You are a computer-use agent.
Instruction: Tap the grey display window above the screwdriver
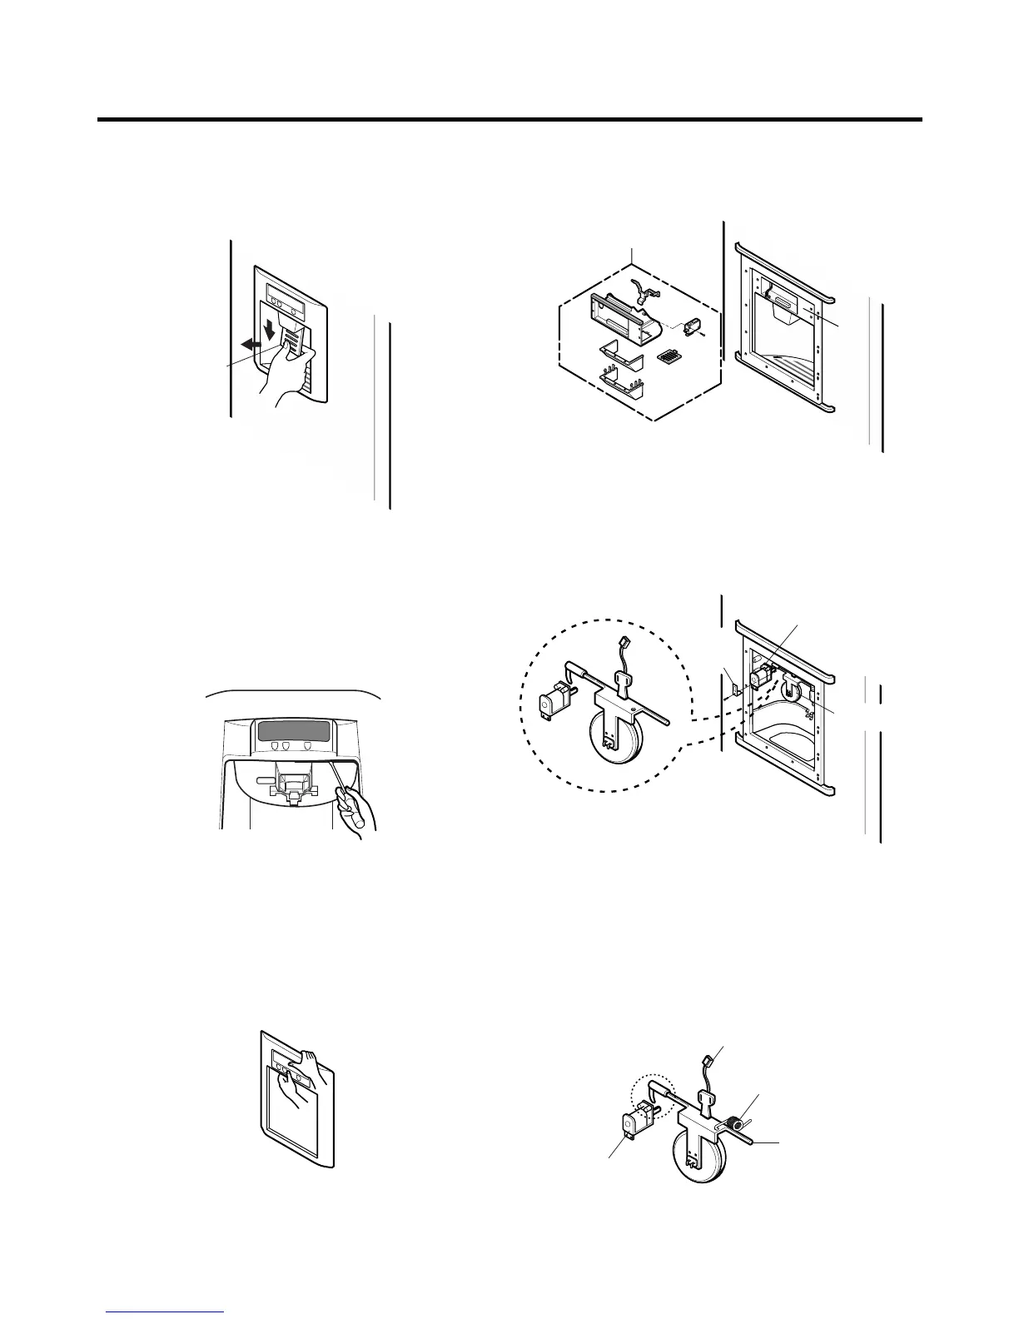point(292,732)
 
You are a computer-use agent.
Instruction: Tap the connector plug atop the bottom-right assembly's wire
point(708,1061)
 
